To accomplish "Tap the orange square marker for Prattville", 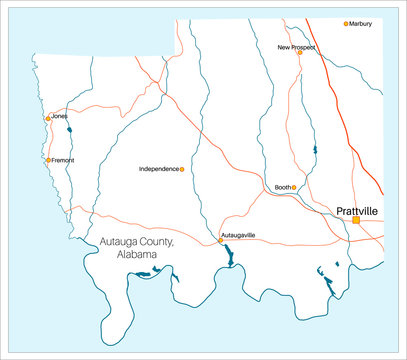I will coord(355,220).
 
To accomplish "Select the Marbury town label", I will coord(361,24).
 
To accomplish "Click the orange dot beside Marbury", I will coord(346,24).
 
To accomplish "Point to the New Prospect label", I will coord(296,47).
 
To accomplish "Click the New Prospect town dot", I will coord(299,53).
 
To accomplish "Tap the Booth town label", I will coord(282,187).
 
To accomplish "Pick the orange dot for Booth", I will coord(294,187).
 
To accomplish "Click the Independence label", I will coord(158,169).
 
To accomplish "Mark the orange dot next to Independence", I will coord(181,169).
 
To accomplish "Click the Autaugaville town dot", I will coord(221,240).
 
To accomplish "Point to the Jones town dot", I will coord(47,118).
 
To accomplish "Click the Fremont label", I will coord(61,160).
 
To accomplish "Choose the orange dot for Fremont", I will coord(48,160).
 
